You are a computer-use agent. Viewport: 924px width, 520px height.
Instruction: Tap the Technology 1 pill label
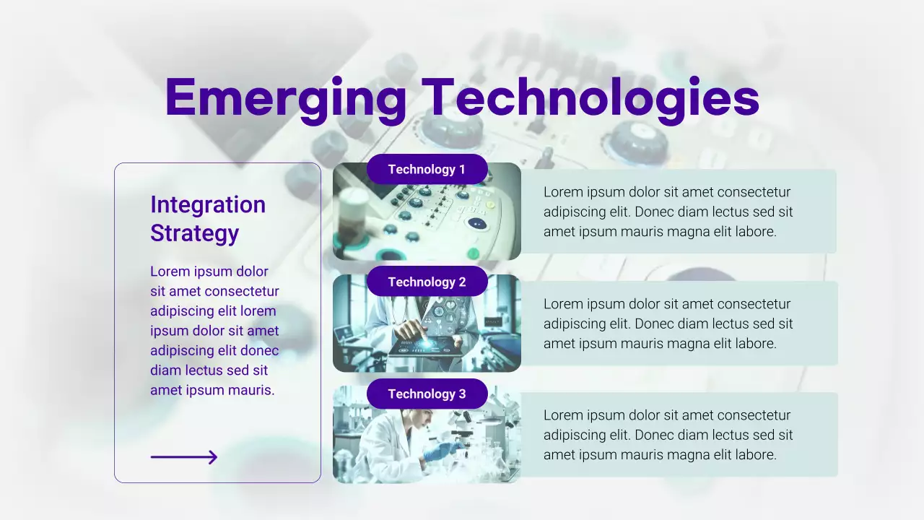[427, 170]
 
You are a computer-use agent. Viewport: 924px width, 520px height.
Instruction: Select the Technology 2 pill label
[427, 282]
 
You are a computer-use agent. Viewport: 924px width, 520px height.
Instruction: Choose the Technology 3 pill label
[427, 394]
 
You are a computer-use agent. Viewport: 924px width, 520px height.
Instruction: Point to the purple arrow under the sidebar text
[184, 457]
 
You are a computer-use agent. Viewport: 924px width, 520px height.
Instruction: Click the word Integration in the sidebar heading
[208, 205]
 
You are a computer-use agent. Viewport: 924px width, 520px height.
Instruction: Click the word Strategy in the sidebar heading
[194, 233]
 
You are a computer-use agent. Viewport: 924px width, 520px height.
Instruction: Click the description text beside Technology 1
[668, 212]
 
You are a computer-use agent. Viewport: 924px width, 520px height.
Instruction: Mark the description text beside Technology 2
[668, 324]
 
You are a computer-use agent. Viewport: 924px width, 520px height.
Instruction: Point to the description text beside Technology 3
[668, 435]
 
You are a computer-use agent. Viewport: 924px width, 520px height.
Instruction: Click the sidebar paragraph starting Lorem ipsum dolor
[214, 331]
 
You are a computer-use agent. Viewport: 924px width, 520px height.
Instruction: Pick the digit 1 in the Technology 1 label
[462, 170]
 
